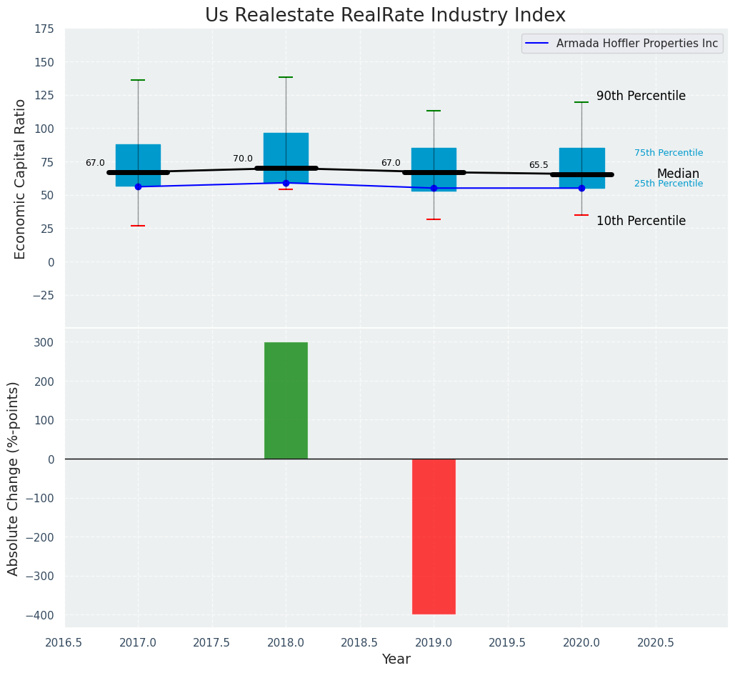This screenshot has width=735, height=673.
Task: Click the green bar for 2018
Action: click(286, 400)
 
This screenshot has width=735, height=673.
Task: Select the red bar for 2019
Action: click(434, 536)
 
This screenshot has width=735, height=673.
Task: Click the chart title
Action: click(385, 16)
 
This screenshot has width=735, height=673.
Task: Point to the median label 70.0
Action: click(243, 159)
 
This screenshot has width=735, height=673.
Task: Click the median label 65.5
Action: click(539, 165)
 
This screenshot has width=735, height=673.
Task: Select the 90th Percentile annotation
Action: click(641, 96)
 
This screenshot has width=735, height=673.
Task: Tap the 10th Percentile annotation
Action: click(641, 221)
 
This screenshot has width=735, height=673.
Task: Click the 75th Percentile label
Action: click(669, 153)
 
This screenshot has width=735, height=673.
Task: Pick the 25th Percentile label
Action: click(669, 184)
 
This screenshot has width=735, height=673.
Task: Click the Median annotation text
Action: click(678, 174)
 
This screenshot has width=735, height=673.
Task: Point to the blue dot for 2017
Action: click(138, 186)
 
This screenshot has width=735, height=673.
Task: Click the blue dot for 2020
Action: click(581, 188)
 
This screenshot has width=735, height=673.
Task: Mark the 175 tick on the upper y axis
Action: click(43, 29)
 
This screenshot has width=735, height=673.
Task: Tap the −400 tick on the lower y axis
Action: click(40, 615)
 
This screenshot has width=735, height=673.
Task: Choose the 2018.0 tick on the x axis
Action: click(286, 642)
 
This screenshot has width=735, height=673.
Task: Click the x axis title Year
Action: click(396, 659)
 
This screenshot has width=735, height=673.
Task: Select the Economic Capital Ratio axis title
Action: click(20, 179)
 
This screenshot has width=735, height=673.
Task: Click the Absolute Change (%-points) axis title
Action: click(13, 478)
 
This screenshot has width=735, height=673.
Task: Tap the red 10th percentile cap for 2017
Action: click(138, 226)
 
